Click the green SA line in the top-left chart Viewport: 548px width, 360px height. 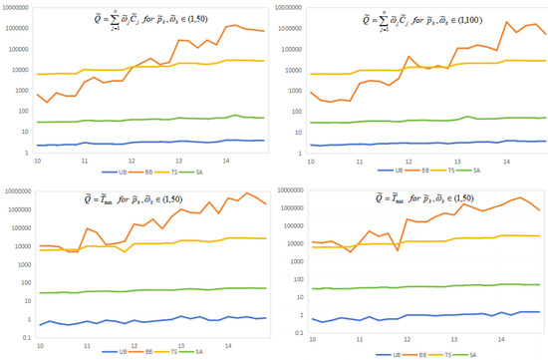point(149,120)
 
